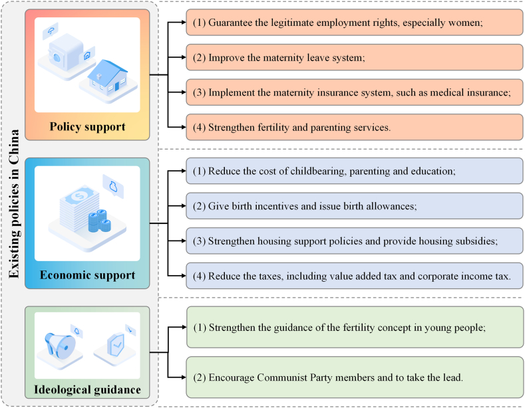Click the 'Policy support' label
87,127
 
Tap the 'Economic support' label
87,275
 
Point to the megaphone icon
64,347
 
